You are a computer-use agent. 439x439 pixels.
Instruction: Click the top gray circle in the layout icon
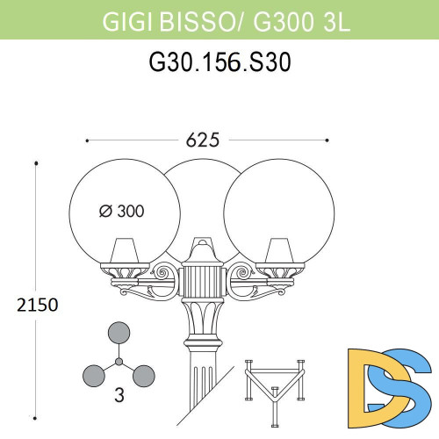click(118, 332)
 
